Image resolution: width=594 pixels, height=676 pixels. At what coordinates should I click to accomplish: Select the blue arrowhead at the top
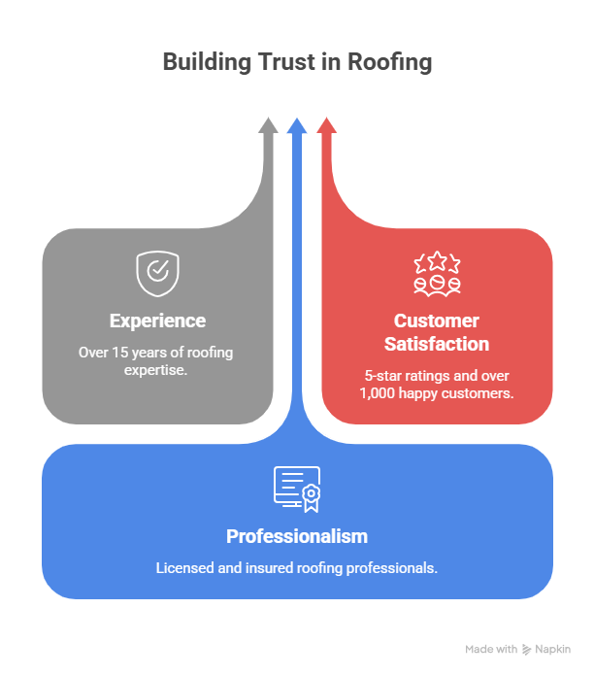[297, 126]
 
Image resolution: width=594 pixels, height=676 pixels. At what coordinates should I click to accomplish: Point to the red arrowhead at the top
[326, 126]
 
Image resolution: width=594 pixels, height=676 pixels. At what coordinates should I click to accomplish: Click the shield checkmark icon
[156, 273]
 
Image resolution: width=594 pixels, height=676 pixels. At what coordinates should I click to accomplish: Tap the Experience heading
[156, 321]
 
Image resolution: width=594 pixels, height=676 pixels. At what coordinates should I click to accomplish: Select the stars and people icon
[437, 273]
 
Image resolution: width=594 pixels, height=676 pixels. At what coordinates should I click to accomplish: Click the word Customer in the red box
[437, 321]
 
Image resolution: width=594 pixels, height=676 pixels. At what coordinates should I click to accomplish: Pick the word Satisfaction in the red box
[437, 344]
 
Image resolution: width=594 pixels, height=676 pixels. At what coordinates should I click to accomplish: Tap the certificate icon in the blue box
[297, 489]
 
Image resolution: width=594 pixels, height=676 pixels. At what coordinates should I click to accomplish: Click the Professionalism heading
[297, 536]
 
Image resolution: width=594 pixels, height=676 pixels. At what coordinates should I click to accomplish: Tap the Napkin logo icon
[526, 649]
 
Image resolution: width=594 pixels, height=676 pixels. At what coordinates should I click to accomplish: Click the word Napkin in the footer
[552, 649]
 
